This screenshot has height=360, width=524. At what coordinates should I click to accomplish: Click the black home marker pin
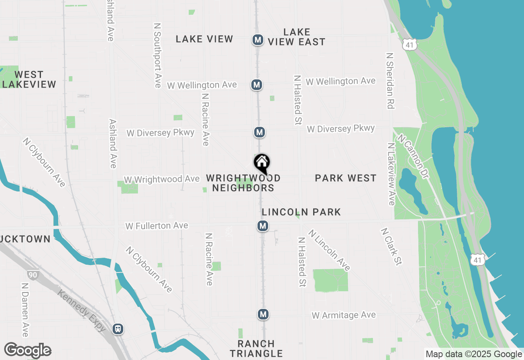click(x=262, y=164)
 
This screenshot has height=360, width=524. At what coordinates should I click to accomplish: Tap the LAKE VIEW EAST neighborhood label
click(x=297, y=37)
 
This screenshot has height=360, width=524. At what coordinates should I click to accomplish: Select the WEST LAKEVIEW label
click(x=29, y=79)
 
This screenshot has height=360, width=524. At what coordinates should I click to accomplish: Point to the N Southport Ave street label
click(x=157, y=55)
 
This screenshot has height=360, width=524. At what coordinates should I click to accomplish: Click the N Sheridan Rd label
click(x=390, y=81)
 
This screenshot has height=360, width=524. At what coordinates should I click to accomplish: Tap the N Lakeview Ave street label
click(x=391, y=174)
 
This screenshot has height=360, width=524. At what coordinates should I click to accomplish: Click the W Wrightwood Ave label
click(x=162, y=180)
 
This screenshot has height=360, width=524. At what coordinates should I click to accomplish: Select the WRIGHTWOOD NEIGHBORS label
click(x=243, y=183)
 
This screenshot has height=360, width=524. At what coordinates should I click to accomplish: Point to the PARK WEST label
click(x=346, y=178)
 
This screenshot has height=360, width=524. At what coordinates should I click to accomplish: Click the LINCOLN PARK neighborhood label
click(x=301, y=212)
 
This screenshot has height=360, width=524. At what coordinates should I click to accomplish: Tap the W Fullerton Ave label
click(x=157, y=226)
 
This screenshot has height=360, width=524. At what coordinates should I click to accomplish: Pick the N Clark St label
click(x=391, y=246)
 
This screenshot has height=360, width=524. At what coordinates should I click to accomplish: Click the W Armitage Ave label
click(x=343, y=315)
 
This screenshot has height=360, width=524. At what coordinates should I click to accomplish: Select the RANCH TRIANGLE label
click(x=256, y=349)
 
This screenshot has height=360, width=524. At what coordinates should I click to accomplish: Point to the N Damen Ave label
click(x=25, y=310)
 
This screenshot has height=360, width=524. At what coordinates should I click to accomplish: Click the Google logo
click(x=28, y=350)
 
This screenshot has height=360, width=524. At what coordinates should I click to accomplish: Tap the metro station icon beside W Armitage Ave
click(x=263, y=314)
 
